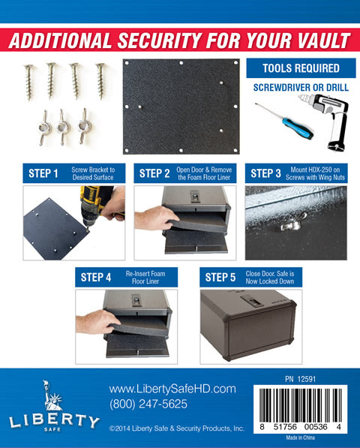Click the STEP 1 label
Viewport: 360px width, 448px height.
43,174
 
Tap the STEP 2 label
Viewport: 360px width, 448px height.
154,174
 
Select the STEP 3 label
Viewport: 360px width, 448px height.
265,174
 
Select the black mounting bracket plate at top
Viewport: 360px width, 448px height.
181,106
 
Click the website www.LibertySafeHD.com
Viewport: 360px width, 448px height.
172,389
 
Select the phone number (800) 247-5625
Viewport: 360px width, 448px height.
148,404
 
